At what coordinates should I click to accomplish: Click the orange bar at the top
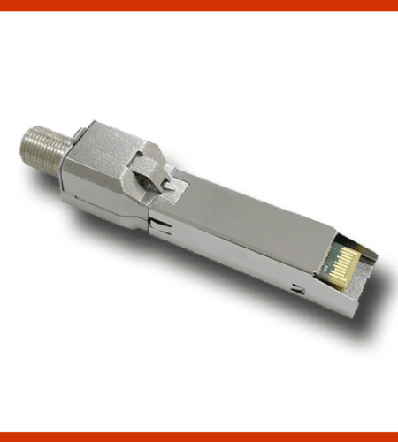tap(199, 5)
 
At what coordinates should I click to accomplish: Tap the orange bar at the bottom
tap(199, 437)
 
